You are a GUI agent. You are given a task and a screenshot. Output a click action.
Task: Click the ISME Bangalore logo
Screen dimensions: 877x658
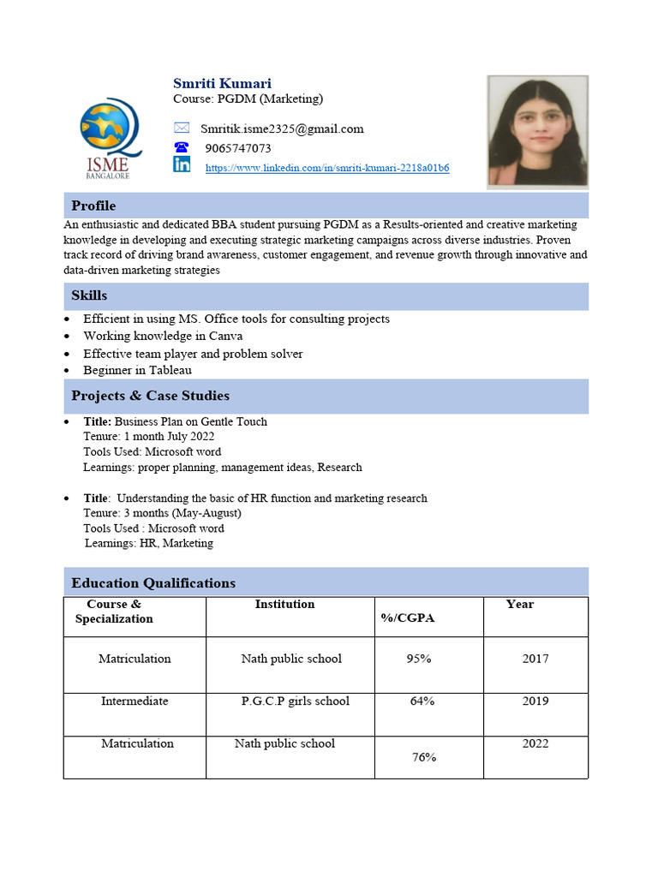coord(107,136)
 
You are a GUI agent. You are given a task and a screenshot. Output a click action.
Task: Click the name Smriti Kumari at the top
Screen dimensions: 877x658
coord(222,83)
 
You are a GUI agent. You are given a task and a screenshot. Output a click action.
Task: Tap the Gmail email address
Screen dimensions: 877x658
coord(282,129)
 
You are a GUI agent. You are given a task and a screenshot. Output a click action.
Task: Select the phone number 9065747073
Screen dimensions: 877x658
coord(237,148)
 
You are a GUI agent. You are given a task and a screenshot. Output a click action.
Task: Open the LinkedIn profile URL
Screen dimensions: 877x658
coord(327,168)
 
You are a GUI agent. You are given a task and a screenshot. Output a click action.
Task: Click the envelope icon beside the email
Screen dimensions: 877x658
coord(182,128)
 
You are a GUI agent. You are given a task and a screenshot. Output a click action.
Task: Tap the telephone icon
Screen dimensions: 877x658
coord(182,147)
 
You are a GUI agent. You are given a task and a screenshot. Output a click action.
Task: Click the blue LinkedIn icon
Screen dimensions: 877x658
coord(182,165)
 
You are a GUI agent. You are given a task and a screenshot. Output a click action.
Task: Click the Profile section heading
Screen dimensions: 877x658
coord(93,206)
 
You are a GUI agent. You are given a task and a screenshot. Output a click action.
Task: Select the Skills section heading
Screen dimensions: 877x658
coord(89,295)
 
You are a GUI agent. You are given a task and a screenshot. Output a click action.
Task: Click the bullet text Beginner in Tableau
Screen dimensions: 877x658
coord(137,371)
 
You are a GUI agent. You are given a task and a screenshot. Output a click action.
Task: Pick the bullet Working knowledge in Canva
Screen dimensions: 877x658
coord(163,336)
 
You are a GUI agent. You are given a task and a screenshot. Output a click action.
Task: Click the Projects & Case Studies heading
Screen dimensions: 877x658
coord(150,396)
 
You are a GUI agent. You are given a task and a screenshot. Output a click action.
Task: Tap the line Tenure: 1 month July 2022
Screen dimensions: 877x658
coord(148,437)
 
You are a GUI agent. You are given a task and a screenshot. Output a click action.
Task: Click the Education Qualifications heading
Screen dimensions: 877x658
coord(153,583)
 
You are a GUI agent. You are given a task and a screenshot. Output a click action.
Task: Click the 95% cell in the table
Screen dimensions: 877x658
coord(419,659)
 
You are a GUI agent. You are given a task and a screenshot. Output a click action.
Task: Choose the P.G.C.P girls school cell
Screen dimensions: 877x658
coord(296,701)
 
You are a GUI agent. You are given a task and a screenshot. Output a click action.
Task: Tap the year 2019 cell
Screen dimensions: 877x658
coord(535,701)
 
